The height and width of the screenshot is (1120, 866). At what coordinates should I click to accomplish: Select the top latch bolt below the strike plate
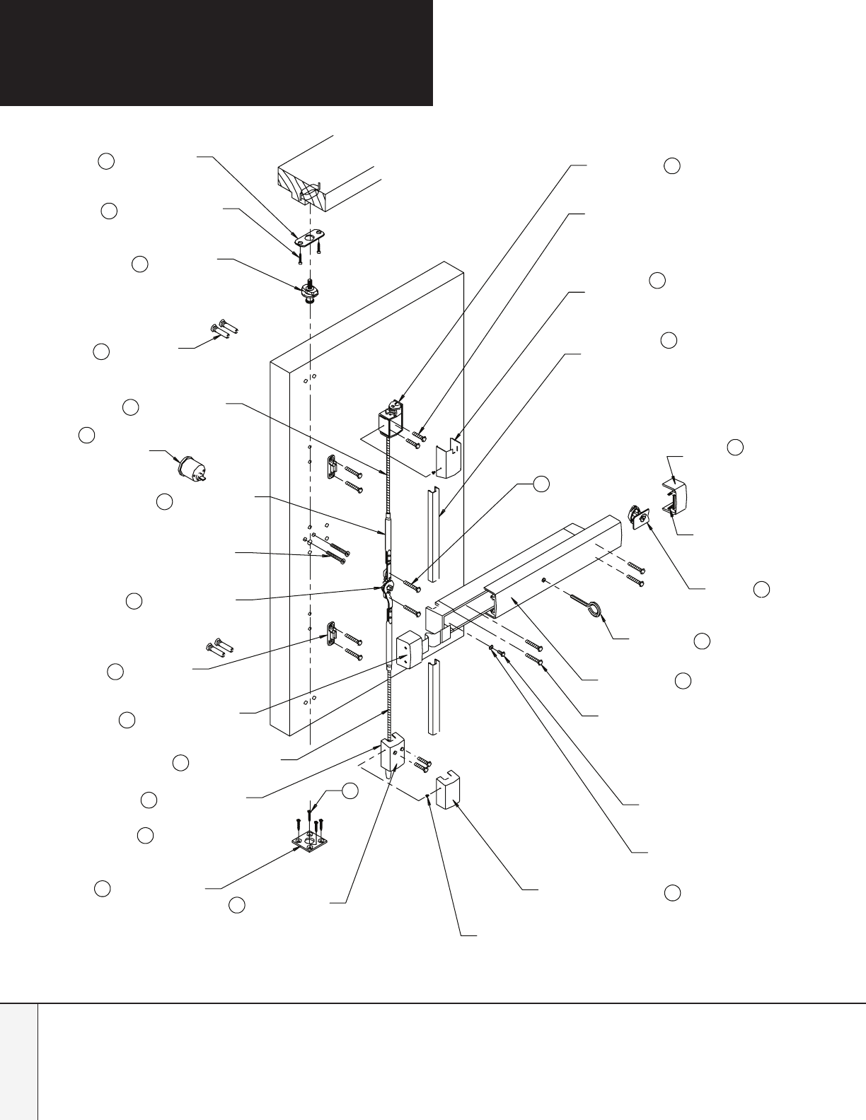(x=309, y=291)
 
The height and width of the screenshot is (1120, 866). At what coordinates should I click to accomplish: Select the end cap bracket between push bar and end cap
(x=638, y=517)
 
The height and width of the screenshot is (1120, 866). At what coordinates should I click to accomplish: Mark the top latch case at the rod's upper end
(x=391, y=420)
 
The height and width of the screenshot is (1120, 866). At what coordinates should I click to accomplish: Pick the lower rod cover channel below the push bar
(x=434, y=696)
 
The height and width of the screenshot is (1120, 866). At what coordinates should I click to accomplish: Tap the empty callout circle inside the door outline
(x=541, y=483)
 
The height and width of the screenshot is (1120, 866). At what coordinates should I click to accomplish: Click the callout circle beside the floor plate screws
(x=350, y=792)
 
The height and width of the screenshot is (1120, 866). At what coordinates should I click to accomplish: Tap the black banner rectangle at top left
(x=216, y=52)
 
